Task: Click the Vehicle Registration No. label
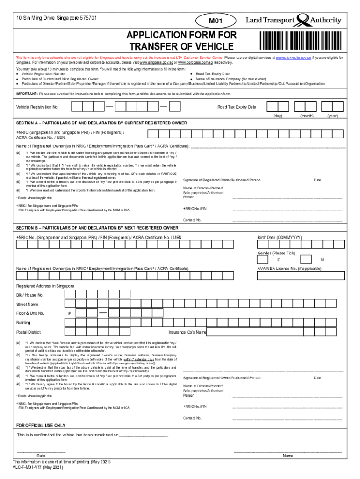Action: [37, 107]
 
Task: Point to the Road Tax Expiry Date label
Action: [237, 107]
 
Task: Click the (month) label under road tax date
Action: [307, 115]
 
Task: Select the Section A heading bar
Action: [180, 123]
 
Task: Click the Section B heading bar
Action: [180, 227]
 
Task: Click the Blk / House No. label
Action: [30, 295]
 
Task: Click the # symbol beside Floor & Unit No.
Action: [69, 313]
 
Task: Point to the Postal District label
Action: [29, 332]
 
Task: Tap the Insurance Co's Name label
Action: [187, 332]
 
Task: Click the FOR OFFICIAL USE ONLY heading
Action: [41, 426]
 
